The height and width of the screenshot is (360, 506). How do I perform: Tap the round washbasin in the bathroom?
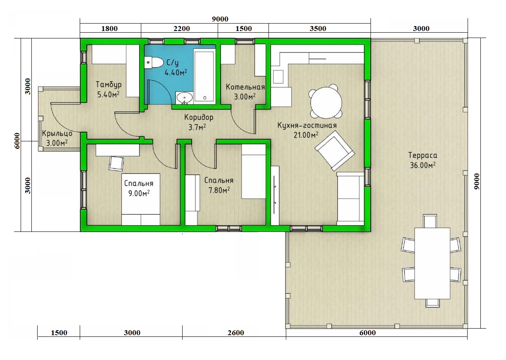click(x=185, y=98)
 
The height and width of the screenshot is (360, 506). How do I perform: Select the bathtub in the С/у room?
click(x=204, y=76)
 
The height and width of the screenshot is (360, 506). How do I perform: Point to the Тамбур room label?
click(x=109, y=84)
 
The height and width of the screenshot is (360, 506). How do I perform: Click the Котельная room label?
click(x=245, y=87)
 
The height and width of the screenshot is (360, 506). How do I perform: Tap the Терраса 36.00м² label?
click(x=423, y=160)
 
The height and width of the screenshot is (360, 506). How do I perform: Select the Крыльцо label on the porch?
click(x=57, y=134)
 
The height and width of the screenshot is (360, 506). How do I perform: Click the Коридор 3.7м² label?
click(x=199, y=122)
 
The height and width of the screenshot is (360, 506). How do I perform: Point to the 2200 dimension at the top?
click(x=182, y=29)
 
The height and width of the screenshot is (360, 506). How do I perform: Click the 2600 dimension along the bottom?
click(x=235, y=333)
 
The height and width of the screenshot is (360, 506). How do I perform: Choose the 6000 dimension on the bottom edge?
click(x=368, y=333)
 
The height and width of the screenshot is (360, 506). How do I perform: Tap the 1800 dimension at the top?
click(x=109, y=29)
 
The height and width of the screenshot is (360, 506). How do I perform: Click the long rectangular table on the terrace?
click(x=432, y=263)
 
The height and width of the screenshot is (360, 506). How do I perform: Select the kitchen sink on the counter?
click(x=278, y=77)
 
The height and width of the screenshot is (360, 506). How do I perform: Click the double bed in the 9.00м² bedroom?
click(x=141, y=199)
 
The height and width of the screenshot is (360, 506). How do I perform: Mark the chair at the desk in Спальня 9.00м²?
click(x=116, y=164)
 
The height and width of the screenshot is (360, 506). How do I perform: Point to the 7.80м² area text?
click(x=219, y=190)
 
